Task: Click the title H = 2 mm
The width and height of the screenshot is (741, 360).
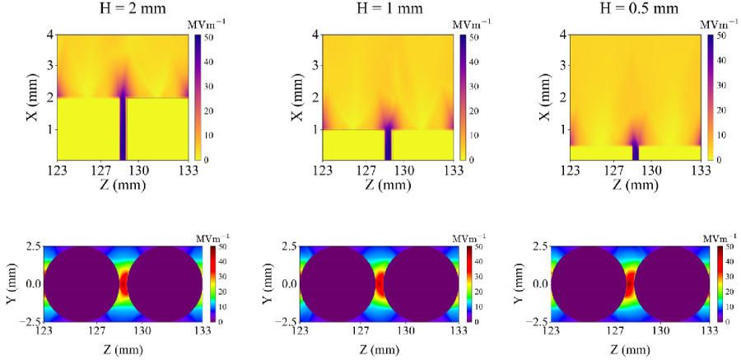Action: [x=123, y=12]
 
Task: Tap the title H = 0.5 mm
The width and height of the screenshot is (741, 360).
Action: [x=635, y=12]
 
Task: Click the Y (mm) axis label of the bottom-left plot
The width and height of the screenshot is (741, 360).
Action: [x=11, y=283]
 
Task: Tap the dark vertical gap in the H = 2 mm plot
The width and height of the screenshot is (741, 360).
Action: [x=123, y=128]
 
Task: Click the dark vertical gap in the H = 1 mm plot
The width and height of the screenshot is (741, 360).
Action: [x=388, y=144]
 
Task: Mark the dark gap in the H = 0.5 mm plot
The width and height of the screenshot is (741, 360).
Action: [x=635, y=152]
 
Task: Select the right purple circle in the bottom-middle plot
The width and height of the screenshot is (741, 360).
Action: [x=422, y=283]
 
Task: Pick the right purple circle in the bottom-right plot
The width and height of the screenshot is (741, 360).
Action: [x=671, y=283]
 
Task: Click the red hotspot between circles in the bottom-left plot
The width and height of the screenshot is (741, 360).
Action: [x=123, y=283]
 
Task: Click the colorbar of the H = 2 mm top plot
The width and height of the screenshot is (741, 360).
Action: [x=198, y=96]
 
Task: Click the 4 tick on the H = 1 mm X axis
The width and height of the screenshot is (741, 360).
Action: [x=315, y=35]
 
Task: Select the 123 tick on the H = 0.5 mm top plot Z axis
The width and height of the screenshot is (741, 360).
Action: [x=569, y=170]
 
